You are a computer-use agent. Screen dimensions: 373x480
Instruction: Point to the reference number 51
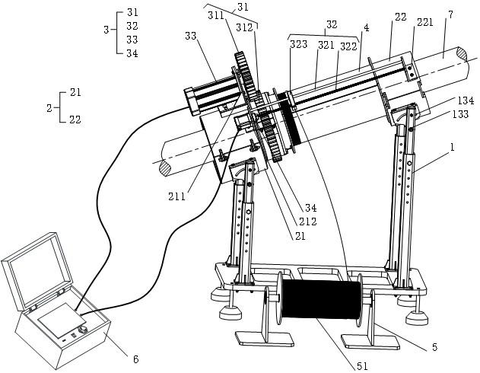coord(361,366)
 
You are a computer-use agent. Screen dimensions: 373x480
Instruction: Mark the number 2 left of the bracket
coord(49,108)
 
